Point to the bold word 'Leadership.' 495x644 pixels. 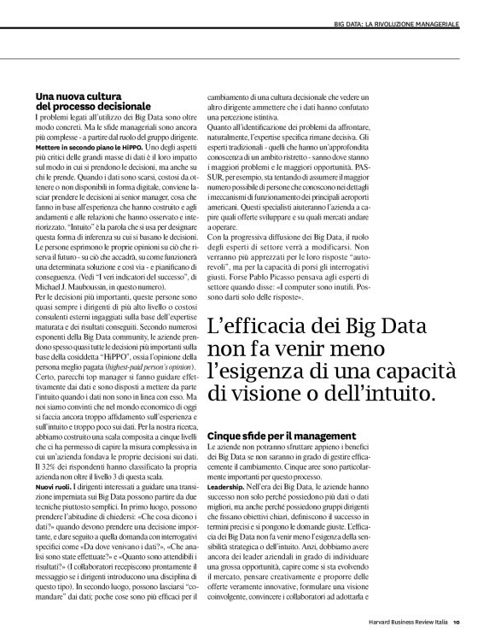pos(227,484)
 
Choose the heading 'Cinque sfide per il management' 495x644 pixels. pos(281,436)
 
